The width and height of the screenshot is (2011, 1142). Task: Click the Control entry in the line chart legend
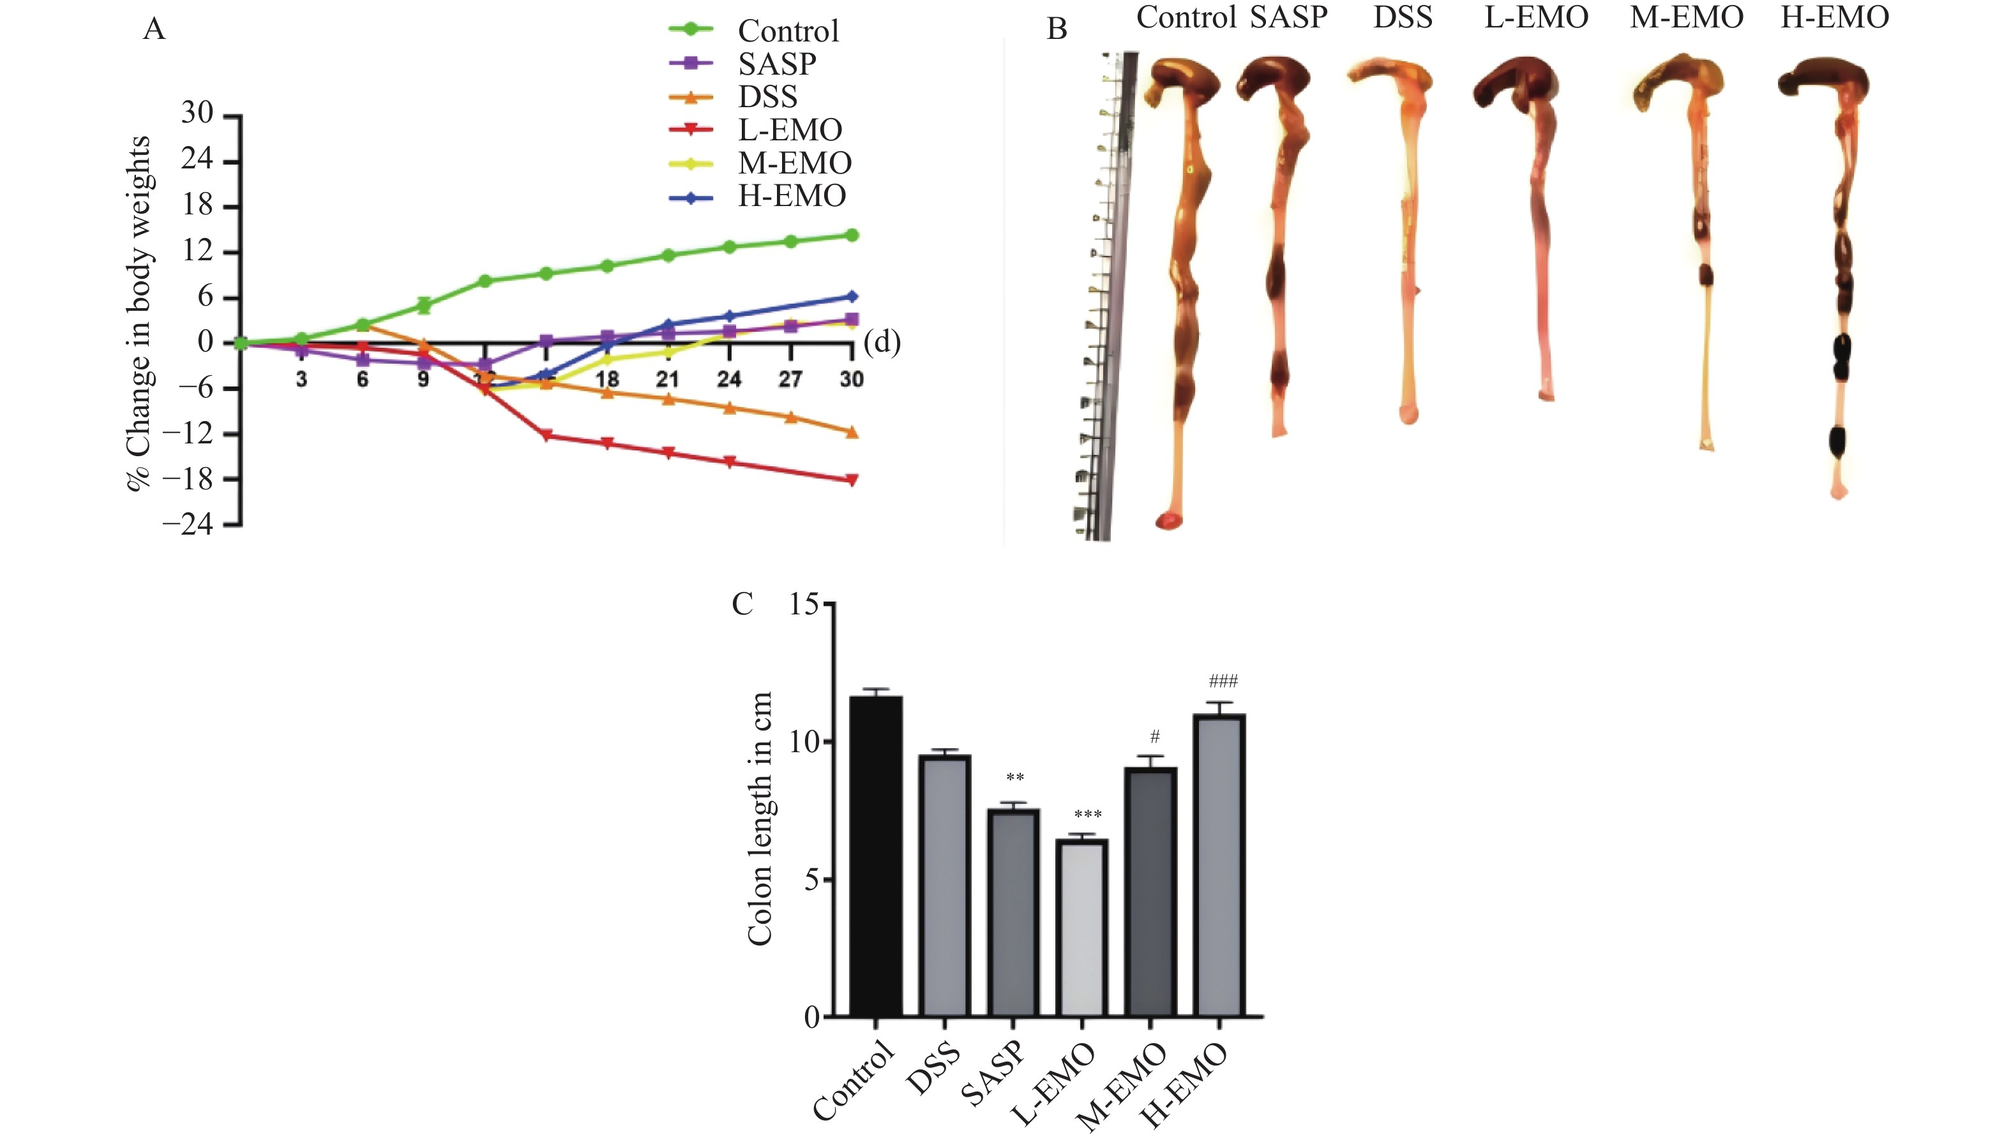[x=788, y=31]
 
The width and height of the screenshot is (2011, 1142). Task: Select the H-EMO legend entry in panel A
[x=791, y=196]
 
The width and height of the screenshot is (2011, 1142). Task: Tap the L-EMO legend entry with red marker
[x=789, y=130]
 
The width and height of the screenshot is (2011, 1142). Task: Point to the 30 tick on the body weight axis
[x=197, y=114]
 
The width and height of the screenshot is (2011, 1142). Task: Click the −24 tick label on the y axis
[x=188, y=524]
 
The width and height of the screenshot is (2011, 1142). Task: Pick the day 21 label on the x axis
[x=668, y=380]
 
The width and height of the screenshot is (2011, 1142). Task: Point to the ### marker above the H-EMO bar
[x=1223, y=681]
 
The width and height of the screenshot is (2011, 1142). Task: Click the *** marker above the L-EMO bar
[x=1087, y=815]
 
